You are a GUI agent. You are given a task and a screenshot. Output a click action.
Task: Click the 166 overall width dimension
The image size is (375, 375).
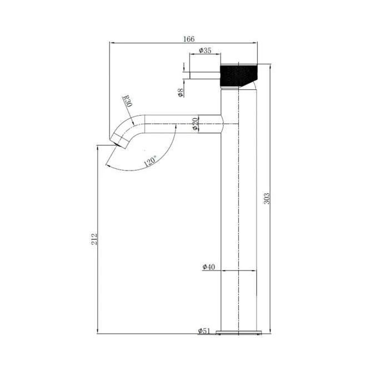tap(189, 39)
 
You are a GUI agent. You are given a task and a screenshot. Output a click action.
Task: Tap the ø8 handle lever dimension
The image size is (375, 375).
tap(181, 92)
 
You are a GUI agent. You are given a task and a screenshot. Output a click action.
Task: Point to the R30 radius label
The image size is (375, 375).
tap(127, 101)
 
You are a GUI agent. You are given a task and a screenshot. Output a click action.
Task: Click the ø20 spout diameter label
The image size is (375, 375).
tap(196, 123)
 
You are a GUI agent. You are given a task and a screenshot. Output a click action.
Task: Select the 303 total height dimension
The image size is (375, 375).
tap(267, 198)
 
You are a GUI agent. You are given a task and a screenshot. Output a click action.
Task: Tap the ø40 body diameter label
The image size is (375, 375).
tap(208, 267)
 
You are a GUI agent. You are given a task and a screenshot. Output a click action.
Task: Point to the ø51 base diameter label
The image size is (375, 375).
tap(203, 331)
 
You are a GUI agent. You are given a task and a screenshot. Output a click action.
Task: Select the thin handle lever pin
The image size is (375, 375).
tap(205, 75)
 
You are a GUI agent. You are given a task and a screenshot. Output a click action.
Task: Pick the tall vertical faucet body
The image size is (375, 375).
tap(239, 222)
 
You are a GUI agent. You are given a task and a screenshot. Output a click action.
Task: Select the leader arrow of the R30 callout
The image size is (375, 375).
tap(132, 114)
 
